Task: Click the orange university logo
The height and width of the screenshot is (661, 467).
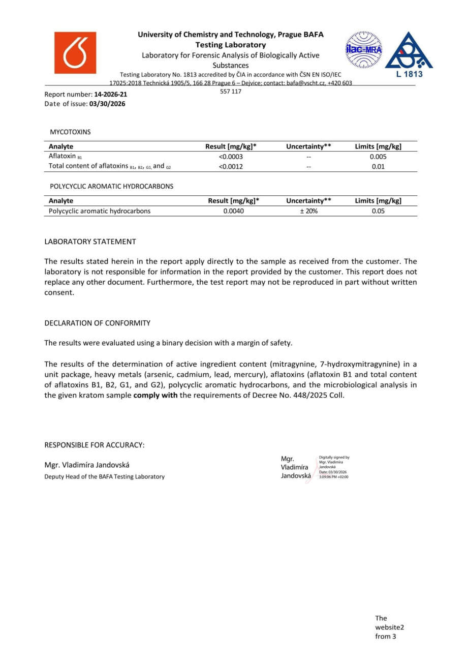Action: (75, 53)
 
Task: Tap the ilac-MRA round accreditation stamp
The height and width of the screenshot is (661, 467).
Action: (363, 50)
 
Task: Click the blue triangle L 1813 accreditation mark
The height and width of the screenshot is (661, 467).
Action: (409, 53)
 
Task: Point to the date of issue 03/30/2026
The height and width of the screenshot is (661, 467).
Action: (107, 104)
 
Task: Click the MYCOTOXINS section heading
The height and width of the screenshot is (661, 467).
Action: (70, 132)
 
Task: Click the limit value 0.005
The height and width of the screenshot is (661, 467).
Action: (378, 157)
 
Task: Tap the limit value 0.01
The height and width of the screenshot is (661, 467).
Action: (378, 166)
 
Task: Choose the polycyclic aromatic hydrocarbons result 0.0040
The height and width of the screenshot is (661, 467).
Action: (233, 211)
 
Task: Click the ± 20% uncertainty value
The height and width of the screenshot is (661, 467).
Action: (308, 211)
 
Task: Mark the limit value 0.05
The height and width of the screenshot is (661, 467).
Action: (378, 211)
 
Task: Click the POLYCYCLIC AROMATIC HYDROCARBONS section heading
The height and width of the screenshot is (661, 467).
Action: (111, 187)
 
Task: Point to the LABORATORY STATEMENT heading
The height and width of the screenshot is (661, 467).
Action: (90, 242)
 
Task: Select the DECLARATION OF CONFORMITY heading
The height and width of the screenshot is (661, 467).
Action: (98, 323)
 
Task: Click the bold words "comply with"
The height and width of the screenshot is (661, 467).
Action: (155, 395)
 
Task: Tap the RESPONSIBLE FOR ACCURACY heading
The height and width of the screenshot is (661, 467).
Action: (95, 445)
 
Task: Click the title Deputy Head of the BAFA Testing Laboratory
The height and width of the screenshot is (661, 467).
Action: (105, 476)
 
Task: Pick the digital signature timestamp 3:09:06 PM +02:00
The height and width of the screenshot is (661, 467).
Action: (333, 477)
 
